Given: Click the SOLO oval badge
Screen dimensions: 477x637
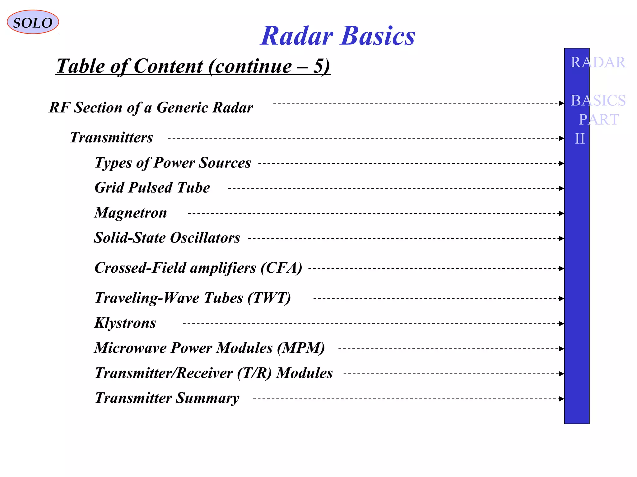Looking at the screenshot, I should point(33,22).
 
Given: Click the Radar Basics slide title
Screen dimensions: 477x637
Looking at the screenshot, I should point(337,36).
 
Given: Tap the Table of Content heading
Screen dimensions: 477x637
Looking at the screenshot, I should point(193,66).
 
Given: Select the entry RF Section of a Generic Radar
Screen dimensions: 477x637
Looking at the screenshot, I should point(151,108).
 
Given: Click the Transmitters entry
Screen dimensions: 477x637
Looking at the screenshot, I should point(111,138).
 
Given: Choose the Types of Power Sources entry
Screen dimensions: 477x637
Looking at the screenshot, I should point(173,163).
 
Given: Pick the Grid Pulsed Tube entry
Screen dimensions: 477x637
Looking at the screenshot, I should point(152,188).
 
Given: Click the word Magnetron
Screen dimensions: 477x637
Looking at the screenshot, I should point(131,213).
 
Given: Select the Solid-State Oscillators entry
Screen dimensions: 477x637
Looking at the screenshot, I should point(167,238).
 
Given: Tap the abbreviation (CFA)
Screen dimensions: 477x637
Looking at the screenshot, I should point(281,268).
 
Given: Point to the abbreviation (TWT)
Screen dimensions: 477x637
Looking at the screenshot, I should point(269,298).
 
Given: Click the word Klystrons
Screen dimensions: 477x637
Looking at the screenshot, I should point(125,323).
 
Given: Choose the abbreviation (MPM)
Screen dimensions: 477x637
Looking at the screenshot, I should point(301,348).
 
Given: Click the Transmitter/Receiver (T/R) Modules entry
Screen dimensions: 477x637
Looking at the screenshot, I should point(214,373).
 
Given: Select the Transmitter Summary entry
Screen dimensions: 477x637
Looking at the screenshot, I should point(167,398).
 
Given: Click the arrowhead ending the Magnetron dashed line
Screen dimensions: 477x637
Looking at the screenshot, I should point(561,213).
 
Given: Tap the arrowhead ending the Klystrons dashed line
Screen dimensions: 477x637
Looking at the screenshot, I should point(561,324).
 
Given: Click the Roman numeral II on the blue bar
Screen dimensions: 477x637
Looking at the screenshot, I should point(580,139).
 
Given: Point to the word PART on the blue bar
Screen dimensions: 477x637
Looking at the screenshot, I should point(598,120).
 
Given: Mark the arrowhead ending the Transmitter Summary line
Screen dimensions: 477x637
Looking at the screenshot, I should point(561,399).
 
